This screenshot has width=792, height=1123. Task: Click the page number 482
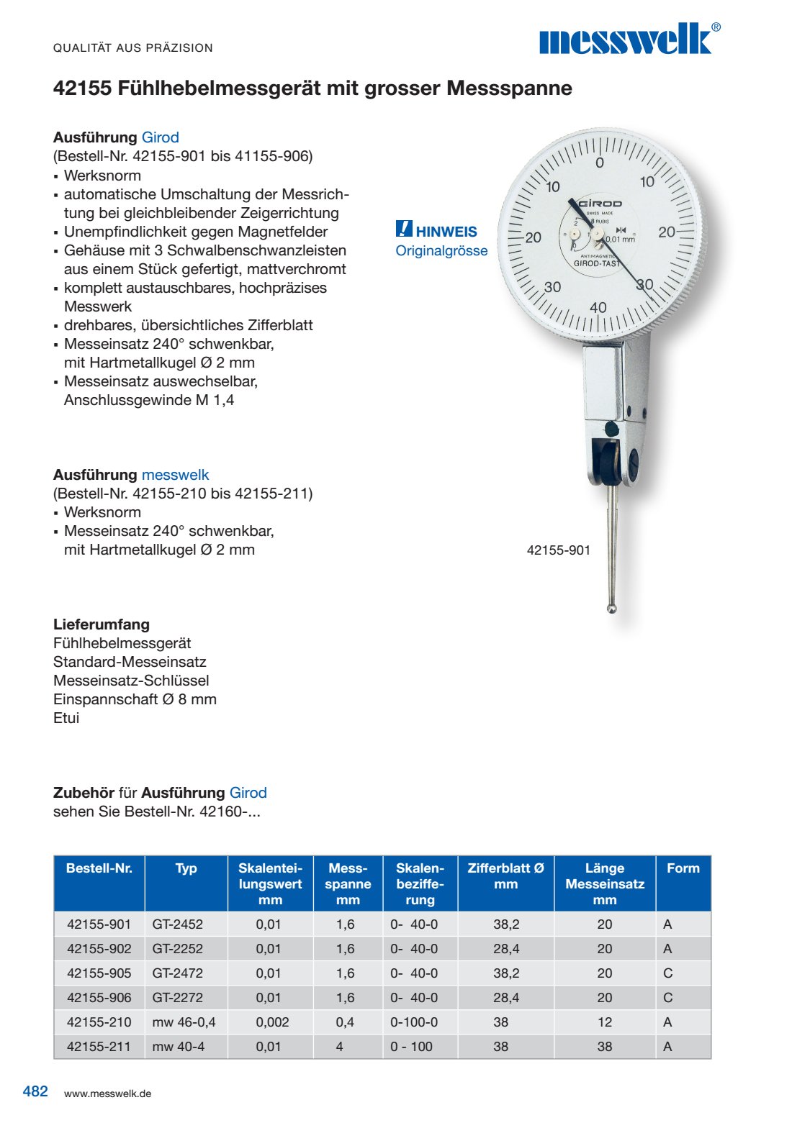[x=35, y=1091]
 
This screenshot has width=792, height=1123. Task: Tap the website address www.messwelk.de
[x=107, y=1094]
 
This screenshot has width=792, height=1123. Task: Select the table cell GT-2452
[x=177, y=924]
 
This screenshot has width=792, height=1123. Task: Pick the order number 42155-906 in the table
[x=99, y=998]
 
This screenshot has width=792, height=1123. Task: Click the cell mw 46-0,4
[x=184, y=1022]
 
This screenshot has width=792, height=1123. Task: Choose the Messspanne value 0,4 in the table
[x=345, y=1022]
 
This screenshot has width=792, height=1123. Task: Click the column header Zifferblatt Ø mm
[x=505, y=876]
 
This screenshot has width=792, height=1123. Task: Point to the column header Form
[x=683, y=868]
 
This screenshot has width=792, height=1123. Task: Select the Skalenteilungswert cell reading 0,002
[x=272, y=1022]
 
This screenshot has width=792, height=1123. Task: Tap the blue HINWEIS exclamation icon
[x=404, y=229]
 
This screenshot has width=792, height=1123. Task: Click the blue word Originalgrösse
[x=441, y=251]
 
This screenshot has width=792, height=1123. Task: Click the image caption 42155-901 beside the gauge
[x=558, y=550]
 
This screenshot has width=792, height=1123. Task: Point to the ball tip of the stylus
[x=611, y=609]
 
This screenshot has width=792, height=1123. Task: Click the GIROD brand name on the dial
[x=600, y=204]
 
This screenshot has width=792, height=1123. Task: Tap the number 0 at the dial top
[x=600, y=163]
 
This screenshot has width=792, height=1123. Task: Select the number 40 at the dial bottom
[x=598, y=308]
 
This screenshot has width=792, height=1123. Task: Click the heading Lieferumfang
[x=102, y=624]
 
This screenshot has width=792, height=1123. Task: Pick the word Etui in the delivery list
[x=66, y=718]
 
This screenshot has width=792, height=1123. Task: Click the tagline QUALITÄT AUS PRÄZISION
[x=133, y=48]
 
